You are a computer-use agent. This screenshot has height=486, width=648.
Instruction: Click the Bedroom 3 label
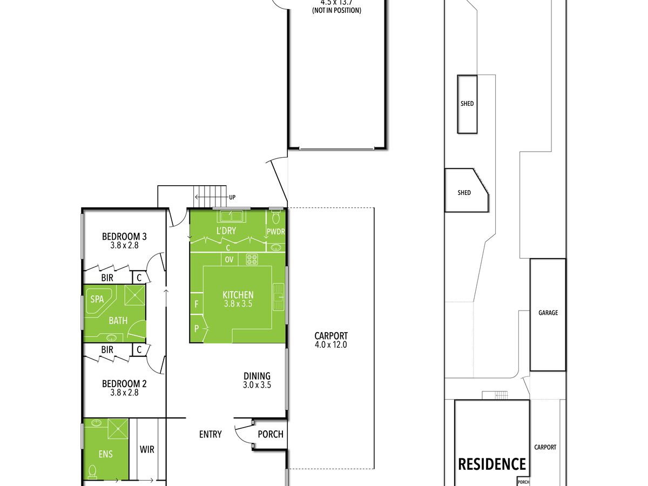pos(124,237)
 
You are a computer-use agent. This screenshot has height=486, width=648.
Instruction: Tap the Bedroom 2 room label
pos(124,383)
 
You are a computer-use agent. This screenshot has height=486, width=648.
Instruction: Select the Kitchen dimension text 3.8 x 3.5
pos(238,303)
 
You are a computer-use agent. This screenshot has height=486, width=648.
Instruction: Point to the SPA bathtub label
pos(97,299)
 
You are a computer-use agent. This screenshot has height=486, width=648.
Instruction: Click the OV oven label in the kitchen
pos(229,260)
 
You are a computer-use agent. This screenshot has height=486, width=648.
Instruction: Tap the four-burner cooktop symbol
pos(252,259)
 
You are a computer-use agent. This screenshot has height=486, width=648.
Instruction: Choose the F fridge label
pos(197,304)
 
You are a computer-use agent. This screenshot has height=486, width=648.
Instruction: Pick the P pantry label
pos(197,328)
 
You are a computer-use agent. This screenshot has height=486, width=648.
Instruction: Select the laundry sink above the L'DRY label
pos(230,216)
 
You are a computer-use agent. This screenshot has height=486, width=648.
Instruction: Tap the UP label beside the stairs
pos(232,197)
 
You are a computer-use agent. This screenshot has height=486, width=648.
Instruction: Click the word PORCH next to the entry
pos(271,434)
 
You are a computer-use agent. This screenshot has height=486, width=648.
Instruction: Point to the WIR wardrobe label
pos(147,449)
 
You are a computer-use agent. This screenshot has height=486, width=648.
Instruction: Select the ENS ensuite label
pos(106,454)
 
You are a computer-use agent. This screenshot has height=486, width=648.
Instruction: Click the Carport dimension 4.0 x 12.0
pos(331,345)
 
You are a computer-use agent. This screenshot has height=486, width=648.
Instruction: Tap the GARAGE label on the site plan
pos(548,313)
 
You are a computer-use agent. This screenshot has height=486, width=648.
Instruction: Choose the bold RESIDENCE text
pos(492,464)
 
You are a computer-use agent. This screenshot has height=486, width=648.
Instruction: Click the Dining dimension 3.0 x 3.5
pos(257,385)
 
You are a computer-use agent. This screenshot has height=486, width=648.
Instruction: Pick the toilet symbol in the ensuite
pos(92,471)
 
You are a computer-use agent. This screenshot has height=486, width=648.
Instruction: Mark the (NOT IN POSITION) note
pos(336,10)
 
